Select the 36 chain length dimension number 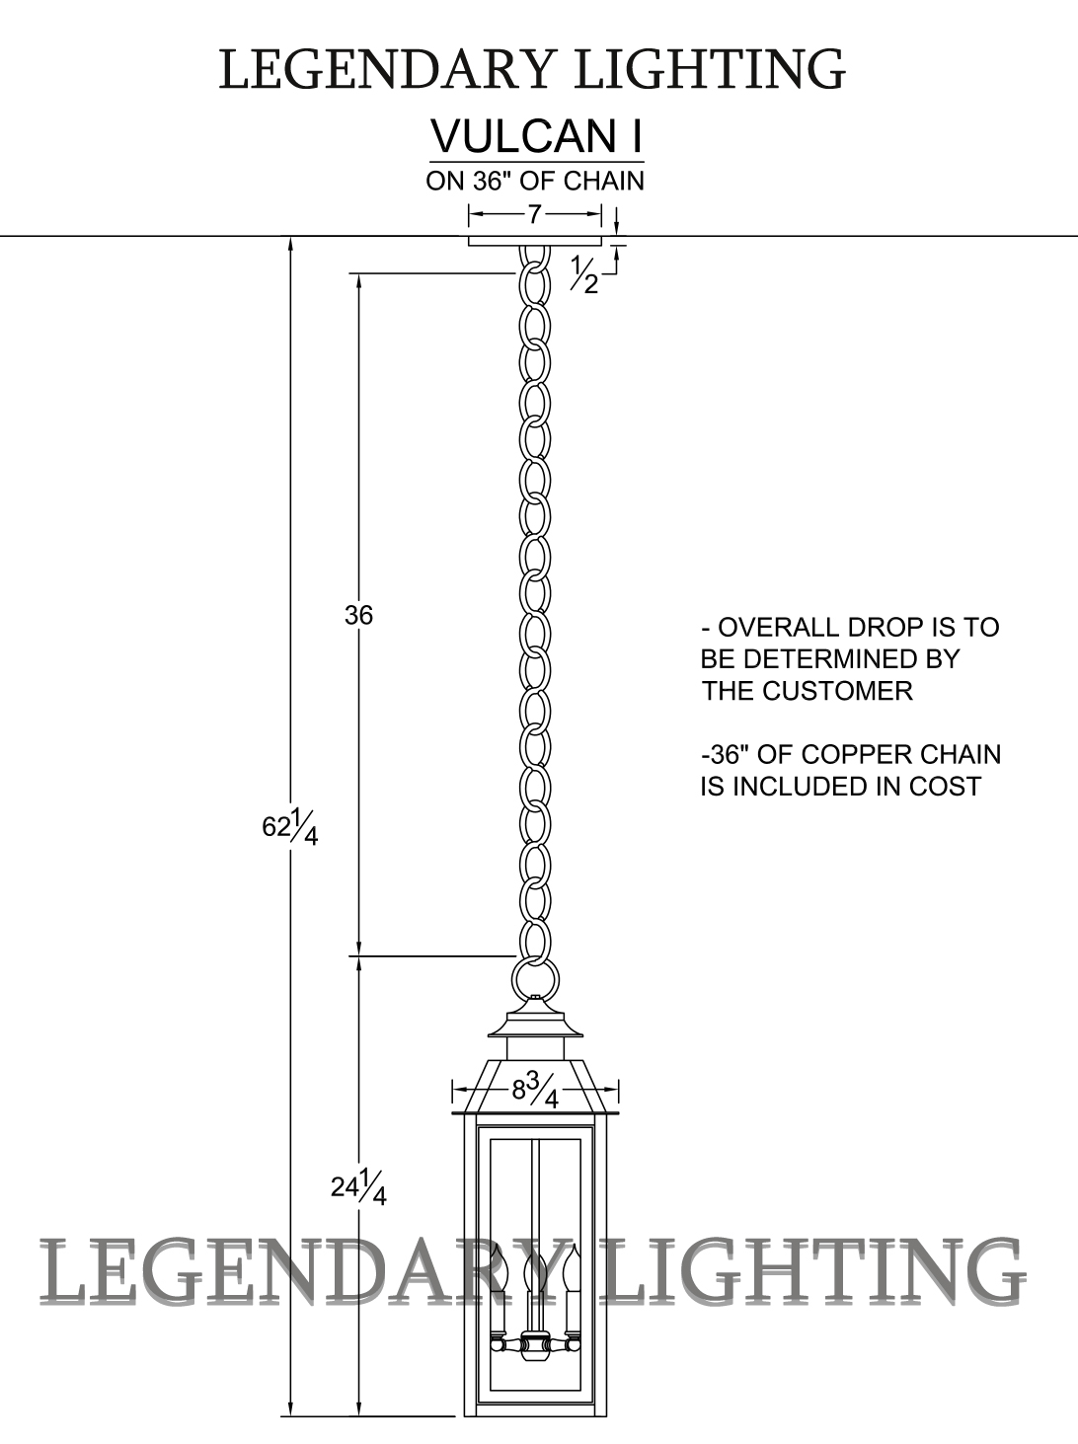359,615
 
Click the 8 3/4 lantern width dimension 535,1091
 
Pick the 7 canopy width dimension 534,213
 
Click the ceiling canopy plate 534,241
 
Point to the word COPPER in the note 857,755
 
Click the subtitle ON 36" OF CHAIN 535,182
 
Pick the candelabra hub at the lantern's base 534,1345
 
